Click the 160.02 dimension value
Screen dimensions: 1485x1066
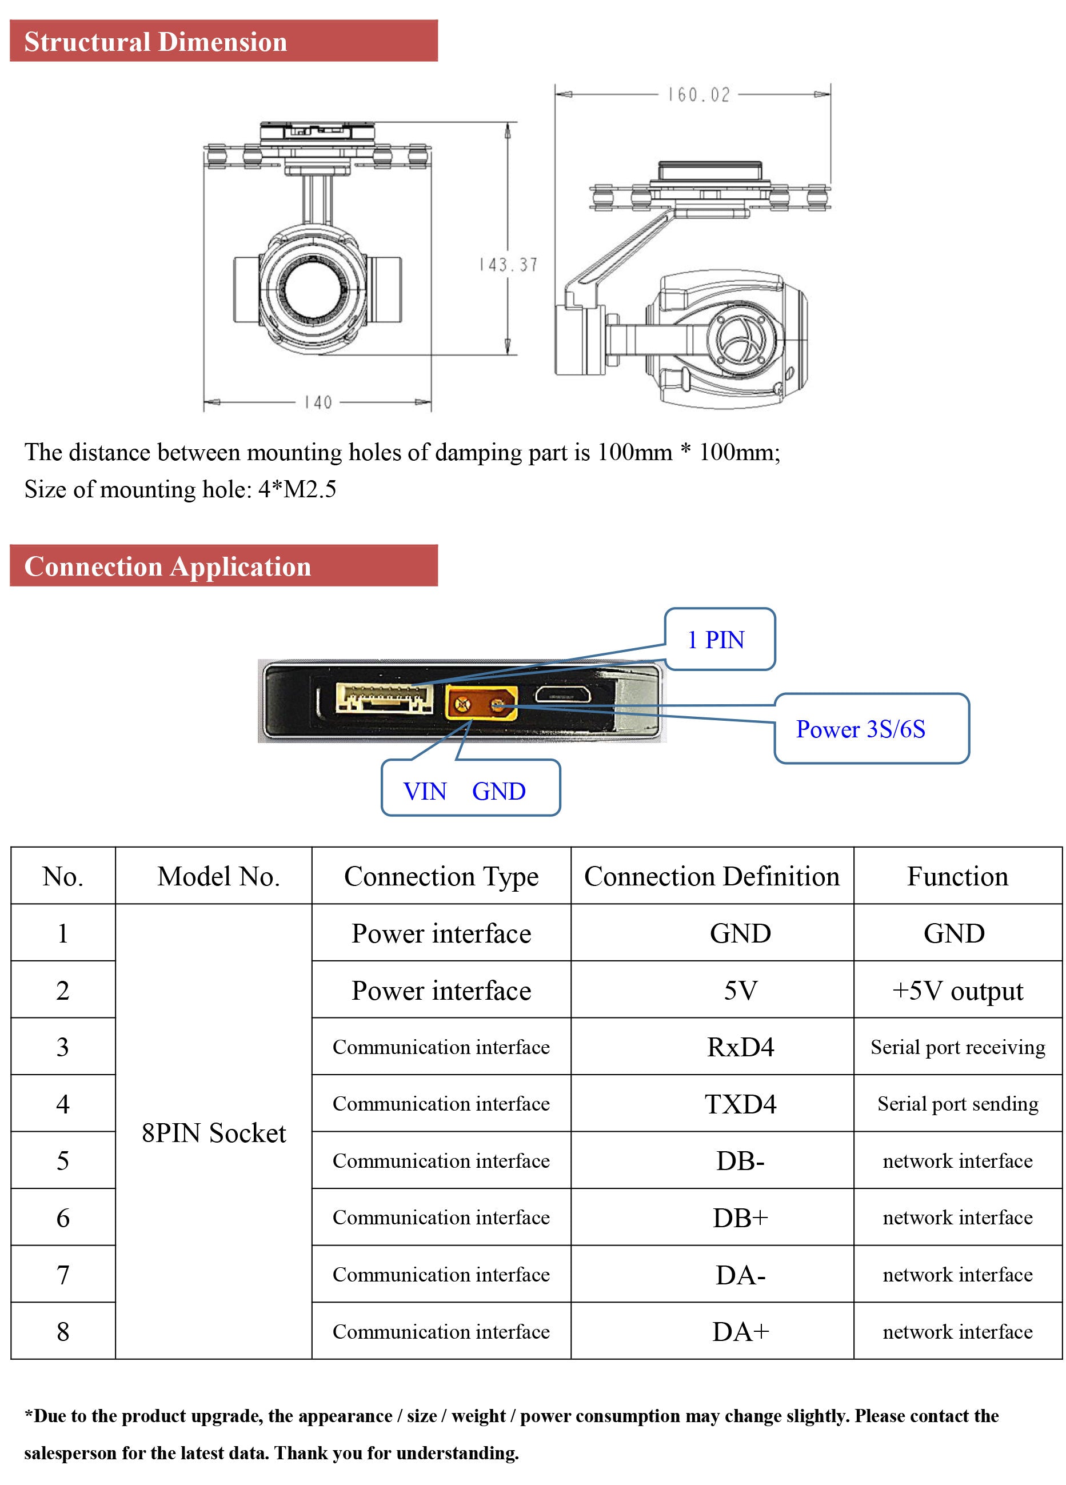(698, 95)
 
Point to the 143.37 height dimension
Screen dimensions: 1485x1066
(508, 265)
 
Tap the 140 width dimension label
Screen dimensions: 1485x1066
(318, 402)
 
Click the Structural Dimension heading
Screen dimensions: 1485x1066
(156, 42)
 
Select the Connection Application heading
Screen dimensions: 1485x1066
(167, 566)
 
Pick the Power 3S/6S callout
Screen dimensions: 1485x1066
(871, 729)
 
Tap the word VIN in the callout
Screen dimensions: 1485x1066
(424, 792)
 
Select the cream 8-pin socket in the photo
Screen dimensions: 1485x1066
(384, 698)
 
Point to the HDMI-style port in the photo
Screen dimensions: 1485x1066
(563, 696)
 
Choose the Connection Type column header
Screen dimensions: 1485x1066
(441, 876)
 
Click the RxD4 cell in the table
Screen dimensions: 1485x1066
(740, 1047)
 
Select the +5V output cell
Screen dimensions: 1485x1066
(957, 990)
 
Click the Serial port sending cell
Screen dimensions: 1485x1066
(957, 1104)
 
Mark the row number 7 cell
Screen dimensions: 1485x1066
(63, 1275)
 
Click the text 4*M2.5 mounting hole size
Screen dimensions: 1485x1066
(297, 489)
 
